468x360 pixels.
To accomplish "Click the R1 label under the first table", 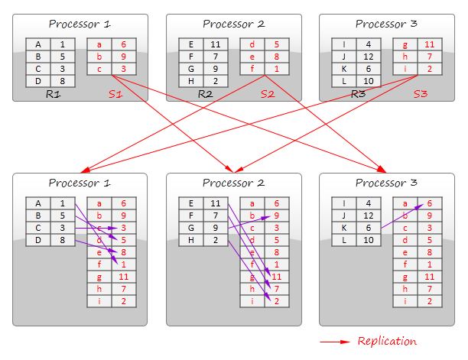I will tap(54, 94).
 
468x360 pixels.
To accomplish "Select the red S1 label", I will tap(115, 94).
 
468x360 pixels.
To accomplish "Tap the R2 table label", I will tap(206, 94).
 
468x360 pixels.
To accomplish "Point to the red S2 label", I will tap(267, 94).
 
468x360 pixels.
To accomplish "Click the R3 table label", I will tap(358, 94).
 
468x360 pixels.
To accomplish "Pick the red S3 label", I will tap(421, 94).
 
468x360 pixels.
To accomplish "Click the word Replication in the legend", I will tap(387, 341).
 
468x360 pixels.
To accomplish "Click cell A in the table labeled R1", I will tap(37, 44).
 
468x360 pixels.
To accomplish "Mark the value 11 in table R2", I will tap(215, 44).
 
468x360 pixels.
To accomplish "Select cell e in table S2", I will tap(252, 56).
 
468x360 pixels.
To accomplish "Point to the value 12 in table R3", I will tap(368, 56).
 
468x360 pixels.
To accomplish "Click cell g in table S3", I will tap(405, 44).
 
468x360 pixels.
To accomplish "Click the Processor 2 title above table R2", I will tap(233, 24).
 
